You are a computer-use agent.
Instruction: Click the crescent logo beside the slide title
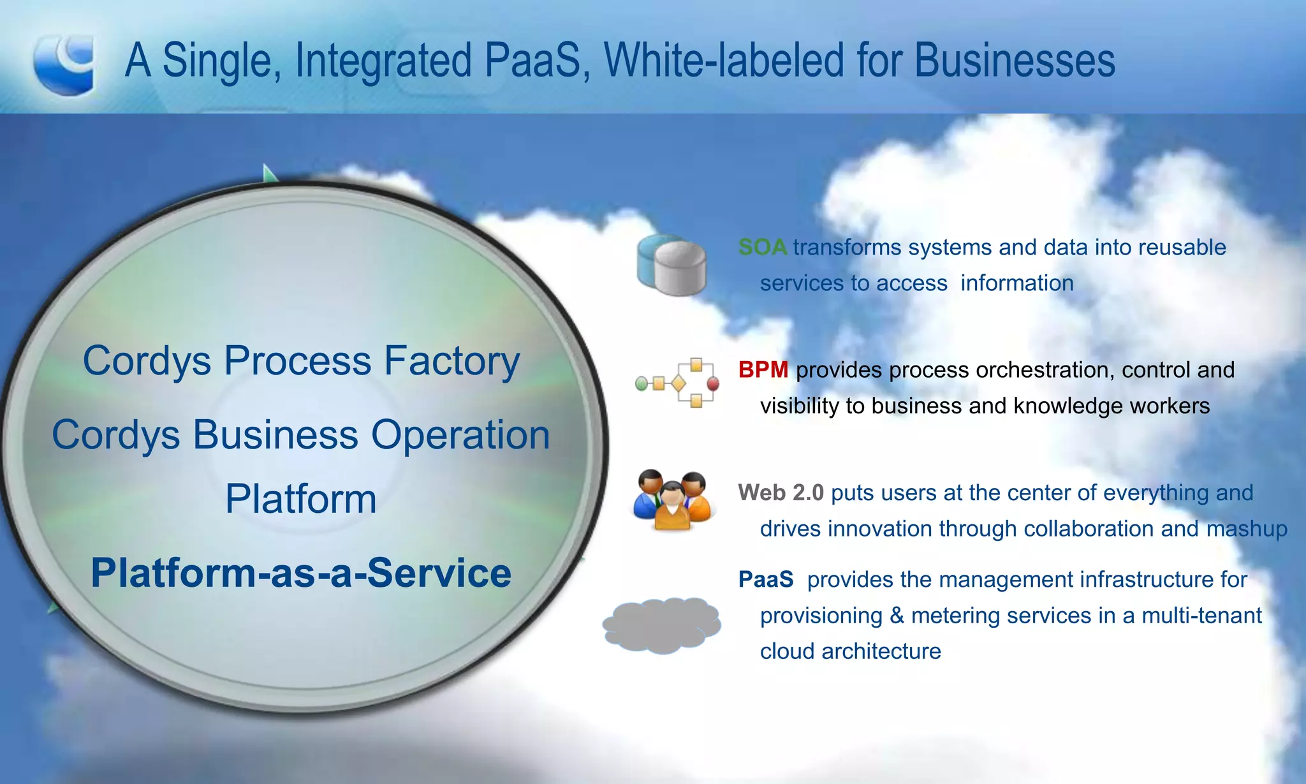(64, 64)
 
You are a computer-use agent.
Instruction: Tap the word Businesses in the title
(1015, 61)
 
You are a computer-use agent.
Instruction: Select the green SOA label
(762, 247)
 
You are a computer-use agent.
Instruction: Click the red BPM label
(763, 369)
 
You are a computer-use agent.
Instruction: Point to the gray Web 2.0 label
(781, 492)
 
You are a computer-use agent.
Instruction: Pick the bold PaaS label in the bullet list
(765, 579)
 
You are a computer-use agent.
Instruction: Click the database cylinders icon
(671, 265)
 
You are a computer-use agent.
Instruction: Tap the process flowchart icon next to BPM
(677, 383)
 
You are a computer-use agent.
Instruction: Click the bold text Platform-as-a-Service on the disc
(301, 572)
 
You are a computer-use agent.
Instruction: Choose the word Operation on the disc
(460, 435)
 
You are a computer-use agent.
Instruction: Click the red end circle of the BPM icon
(713, 383)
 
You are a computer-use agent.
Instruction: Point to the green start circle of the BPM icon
(642, 383)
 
